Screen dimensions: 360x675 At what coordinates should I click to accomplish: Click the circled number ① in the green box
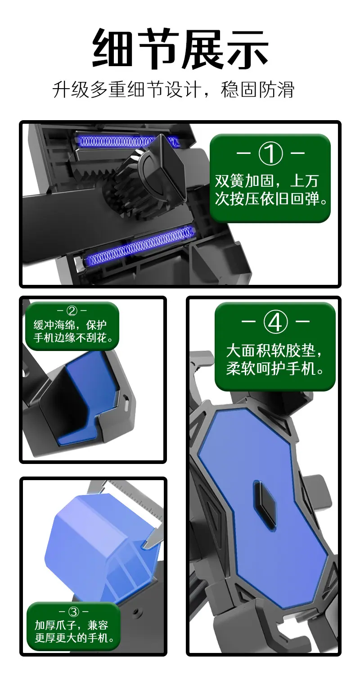tap(270, 153)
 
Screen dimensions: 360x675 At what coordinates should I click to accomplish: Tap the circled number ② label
tap(72, 310)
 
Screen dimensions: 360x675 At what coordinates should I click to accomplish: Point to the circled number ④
tap(275, 322)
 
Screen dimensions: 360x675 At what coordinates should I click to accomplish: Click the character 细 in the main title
tap(112, 48)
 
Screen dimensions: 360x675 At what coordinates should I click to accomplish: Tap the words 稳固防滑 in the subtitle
tap(257, 90)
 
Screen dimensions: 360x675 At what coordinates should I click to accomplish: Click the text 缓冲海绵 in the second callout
tap(53, 325)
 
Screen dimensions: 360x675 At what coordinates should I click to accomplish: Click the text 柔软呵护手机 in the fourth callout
tap(271, 369)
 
